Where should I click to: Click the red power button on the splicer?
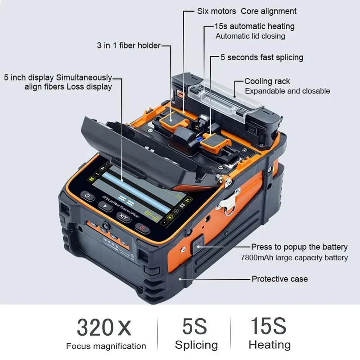[143, 228]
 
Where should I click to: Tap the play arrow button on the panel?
[105, 207]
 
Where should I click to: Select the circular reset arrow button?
[87, 197]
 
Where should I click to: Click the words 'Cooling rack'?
[267, 81]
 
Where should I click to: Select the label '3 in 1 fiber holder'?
[128, 45]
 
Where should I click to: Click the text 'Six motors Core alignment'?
[247, 11]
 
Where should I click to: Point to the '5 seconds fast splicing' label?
[261, 58]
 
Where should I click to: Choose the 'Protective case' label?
[279, 279]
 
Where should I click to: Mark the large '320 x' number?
[104, 328]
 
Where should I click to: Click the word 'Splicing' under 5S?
[196, 345]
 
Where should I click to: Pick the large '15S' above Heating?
[269, 326]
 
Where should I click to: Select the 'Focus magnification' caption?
[106, 346]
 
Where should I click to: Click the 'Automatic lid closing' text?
[250, 36]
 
